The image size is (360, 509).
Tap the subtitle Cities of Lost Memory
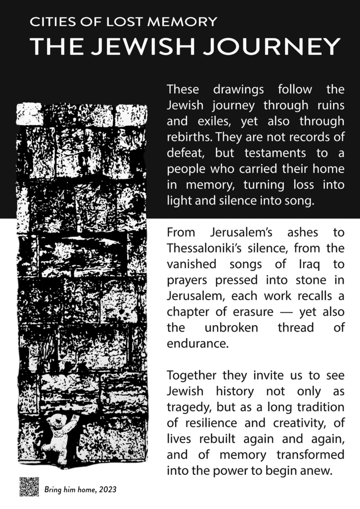click(123, 22)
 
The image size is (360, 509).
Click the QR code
click(29, 487)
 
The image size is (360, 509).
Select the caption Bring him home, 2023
click(81, 490)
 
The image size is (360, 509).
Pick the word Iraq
click(307, 263)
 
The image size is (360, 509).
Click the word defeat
click(183, 153)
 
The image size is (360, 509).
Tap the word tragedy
click(186, 406)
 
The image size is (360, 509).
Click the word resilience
click(212, 422)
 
